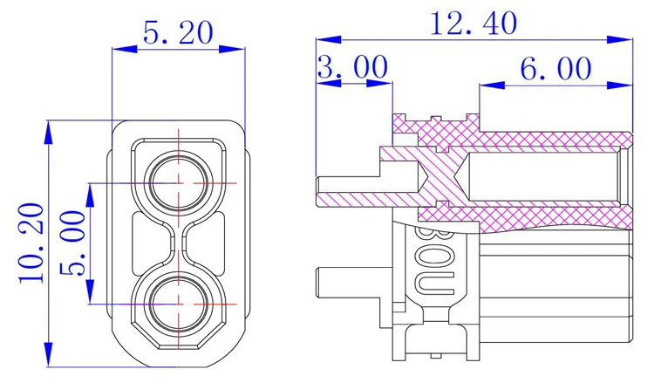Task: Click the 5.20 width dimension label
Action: (178, 33)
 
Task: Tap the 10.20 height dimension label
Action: (31, 243)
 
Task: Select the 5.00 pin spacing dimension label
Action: (72, 243)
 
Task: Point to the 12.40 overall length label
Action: (473, 24)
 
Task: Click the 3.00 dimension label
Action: (353, 67)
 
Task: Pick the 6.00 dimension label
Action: (555, 68)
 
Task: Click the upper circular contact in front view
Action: (179, 183)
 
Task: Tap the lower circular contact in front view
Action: (179, 304)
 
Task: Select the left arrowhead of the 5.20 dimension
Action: (125, 49)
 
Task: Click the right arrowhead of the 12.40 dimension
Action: (620, 39)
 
